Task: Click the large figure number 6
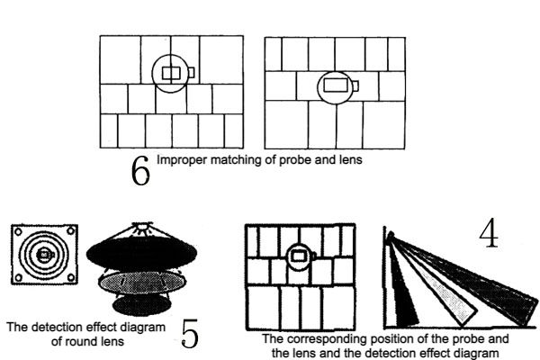click(x=140, y=170)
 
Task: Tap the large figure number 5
click(x=190, y=333)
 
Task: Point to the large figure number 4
click(x=489, y=233)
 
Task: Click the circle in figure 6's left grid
click(x=170, y=74)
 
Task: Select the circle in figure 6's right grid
click(x=336, y=87)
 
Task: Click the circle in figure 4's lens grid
click(x=299, y=256)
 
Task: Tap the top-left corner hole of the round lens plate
click(x=19, y=231)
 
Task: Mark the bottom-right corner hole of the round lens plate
click(x=70, y=277)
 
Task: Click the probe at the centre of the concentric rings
click(x=44, y=254)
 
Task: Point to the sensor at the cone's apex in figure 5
click(x=142, y=228)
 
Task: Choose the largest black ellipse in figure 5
click(x=141, y=253)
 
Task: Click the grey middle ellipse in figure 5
click(x=142, y=282)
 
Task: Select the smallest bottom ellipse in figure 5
click(x=142, y=305)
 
